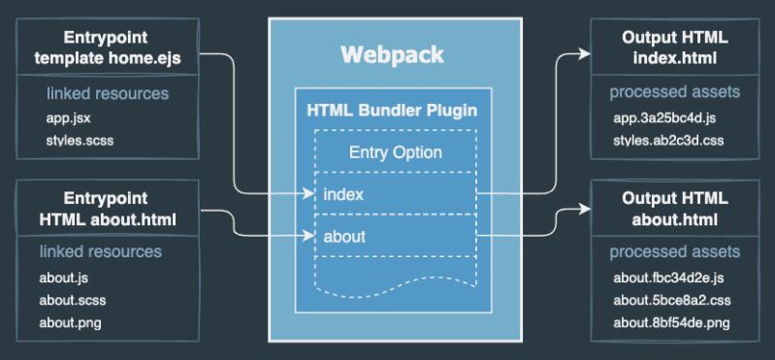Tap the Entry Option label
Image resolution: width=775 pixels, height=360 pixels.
(395, 152)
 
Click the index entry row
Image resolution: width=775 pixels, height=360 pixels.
(344, 194)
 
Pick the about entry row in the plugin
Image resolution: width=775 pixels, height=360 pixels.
(346, 235)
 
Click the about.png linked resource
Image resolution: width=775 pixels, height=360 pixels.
(71, 322)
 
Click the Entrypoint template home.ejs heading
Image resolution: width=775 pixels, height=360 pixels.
(108, 48)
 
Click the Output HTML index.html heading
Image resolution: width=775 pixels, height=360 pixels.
(675, 48)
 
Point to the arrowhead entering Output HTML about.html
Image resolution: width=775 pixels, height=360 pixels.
(585, 208)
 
